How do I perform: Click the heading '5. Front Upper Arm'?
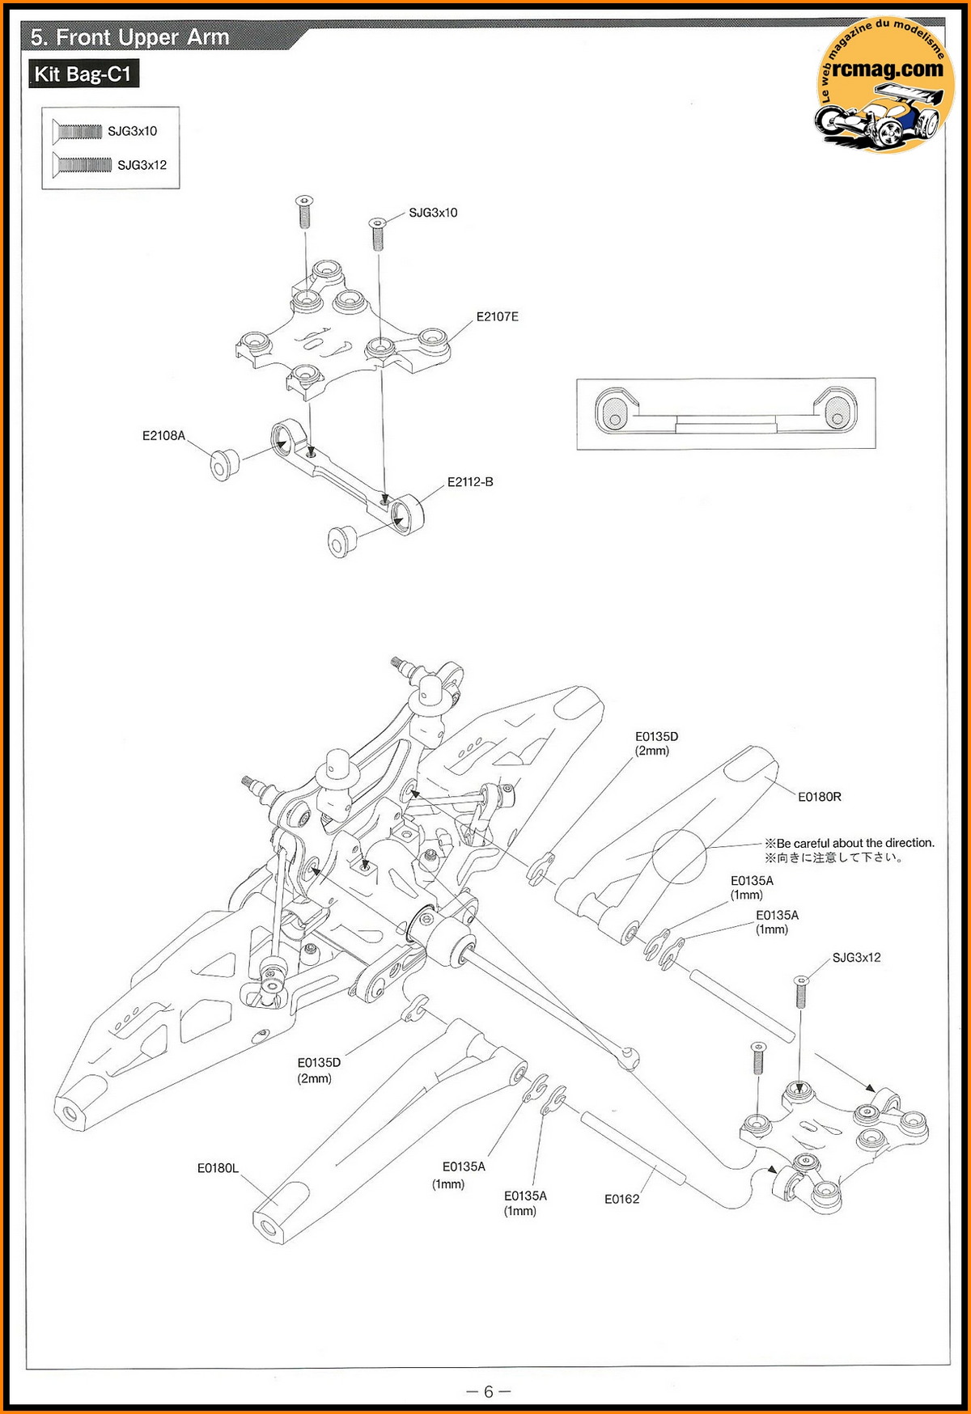pos(129,37)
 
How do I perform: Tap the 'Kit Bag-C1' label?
pos(83,74)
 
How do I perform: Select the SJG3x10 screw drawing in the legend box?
pos(78,131)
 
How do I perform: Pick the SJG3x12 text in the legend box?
pos(142,165)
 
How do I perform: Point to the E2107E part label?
pos(497,317)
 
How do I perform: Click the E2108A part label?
pos(163,436)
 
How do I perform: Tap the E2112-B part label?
pos(470,482)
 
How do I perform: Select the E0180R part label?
pos(819,797)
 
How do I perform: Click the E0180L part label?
pos(218,1168)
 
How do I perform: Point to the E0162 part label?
pos(621,1199)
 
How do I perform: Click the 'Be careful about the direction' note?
pos(850,843)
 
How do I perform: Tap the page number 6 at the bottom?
pos(488,1391)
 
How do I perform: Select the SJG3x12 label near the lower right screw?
pos(856,958)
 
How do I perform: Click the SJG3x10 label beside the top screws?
pos(433,213)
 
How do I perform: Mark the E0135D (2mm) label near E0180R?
pos(656,743)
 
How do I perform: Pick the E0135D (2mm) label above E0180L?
pos(319,1070)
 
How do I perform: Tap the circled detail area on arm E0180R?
pos(679,856)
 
